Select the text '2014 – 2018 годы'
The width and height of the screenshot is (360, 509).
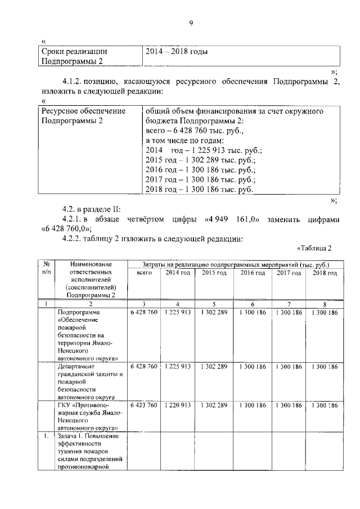click(x=177, y=51)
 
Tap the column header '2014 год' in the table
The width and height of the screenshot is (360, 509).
click(x=178, y=273)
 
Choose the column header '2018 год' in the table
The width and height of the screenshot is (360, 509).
click(x=325, y=273)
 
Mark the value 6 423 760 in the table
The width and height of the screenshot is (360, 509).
click(x=143, y=405)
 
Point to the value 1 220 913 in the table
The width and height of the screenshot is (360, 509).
click(x=178, y=405)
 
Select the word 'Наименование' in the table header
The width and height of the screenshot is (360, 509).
click(x=89, y=264)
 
